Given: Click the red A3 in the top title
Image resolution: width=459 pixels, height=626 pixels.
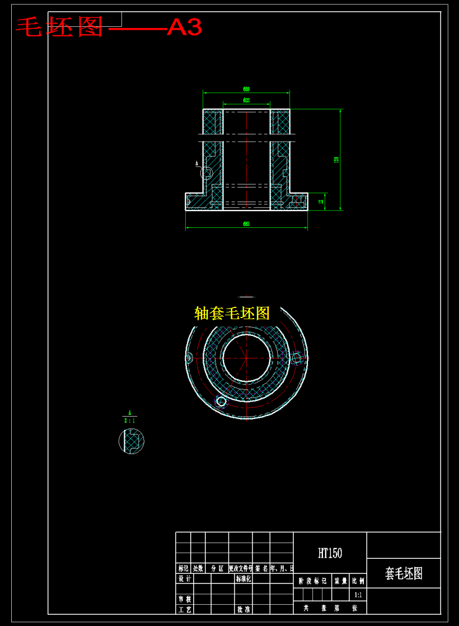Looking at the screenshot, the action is [x=184, y=27].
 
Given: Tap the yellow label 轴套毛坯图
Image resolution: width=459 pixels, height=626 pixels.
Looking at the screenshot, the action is [x=232, y=313].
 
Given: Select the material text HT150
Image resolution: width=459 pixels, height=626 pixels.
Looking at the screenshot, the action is [x=330, y=553].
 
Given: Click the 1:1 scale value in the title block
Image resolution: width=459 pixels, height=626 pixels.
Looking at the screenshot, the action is [x=358, y=595].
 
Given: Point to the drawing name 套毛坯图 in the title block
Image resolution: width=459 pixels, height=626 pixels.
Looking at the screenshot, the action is [x=404, y=573].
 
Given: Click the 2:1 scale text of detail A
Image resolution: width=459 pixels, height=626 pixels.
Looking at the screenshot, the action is [x=129, y=420].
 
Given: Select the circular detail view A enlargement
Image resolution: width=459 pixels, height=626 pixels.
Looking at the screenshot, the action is [x=132, y=441].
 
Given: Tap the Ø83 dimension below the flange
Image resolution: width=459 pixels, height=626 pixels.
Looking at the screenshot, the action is [x=246, y=224].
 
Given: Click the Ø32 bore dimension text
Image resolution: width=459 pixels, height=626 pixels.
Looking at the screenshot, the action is [x=246, y=100].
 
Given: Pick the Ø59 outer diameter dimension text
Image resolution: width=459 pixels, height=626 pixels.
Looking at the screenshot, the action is [x=246, y=89].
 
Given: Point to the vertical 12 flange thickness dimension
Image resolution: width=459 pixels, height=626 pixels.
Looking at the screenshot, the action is [x=321, y=202].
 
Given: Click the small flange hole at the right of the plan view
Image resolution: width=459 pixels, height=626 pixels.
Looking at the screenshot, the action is [x=297, y=357].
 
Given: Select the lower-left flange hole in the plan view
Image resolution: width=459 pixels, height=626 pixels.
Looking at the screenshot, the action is [x=221, y=401].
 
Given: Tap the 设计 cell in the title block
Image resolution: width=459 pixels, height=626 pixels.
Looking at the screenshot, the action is [x=184, y=578].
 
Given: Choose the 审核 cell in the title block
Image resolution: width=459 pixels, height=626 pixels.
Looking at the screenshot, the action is [x=184, y=599].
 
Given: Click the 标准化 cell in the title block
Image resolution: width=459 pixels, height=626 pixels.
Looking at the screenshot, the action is [x=243, y=578].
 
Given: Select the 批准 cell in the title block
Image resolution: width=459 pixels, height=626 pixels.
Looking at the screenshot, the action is [x=243, y=609].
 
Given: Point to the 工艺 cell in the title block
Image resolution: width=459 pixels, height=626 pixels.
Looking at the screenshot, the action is [x=184, y=609].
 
